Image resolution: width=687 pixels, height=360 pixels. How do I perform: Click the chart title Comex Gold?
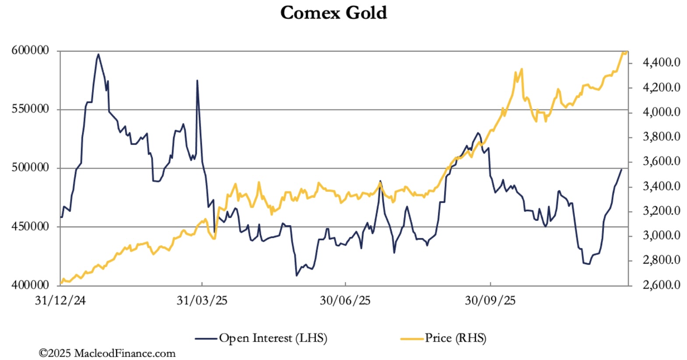coord(333,13)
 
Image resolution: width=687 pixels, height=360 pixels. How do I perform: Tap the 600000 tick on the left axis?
coord(29,51)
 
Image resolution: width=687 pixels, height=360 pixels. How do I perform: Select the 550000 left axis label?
coord(29,109)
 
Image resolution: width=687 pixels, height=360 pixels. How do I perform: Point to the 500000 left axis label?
coord(29,168)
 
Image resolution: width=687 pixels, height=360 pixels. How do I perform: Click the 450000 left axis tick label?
coord(29,227)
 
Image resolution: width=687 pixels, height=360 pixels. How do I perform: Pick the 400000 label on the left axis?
coord(29,286)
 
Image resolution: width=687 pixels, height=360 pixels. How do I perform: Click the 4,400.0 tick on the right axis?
coord(661,63)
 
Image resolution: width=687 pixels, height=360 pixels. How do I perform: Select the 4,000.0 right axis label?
coord(661,113)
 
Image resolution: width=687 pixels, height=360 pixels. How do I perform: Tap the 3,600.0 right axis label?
coord(661,162)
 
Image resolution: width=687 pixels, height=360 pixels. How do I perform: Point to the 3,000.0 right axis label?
coord(661,236)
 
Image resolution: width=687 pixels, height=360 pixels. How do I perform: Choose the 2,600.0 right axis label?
coord(661,286)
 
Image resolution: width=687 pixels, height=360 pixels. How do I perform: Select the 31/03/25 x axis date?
coord(202,301)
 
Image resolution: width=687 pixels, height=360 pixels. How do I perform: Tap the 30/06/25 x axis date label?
coord(345,301)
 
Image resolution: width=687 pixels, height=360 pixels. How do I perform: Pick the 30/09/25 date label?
coord(490,301)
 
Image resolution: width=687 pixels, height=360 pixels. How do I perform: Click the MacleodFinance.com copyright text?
coord(107,353)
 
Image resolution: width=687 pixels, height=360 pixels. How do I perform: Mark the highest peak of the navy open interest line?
coord(98,54)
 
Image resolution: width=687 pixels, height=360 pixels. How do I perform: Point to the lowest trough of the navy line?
coord(297,275)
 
